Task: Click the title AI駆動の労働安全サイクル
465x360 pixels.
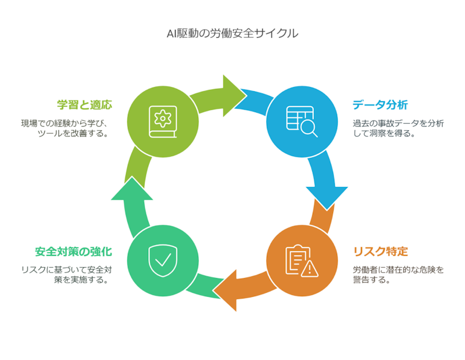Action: click(233, 34)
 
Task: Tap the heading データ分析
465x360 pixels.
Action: click(380, 105)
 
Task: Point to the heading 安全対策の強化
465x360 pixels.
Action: click(73, 252)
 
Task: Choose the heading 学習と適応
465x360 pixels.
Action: click(84, 105)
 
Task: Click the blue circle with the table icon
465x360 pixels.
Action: click(302, 121)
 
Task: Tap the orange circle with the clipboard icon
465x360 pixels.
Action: click(302, 260)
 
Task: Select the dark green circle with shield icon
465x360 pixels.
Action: click(162, 260)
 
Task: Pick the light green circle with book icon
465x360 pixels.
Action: click(162, 121)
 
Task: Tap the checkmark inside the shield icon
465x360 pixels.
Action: click(162, 259)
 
